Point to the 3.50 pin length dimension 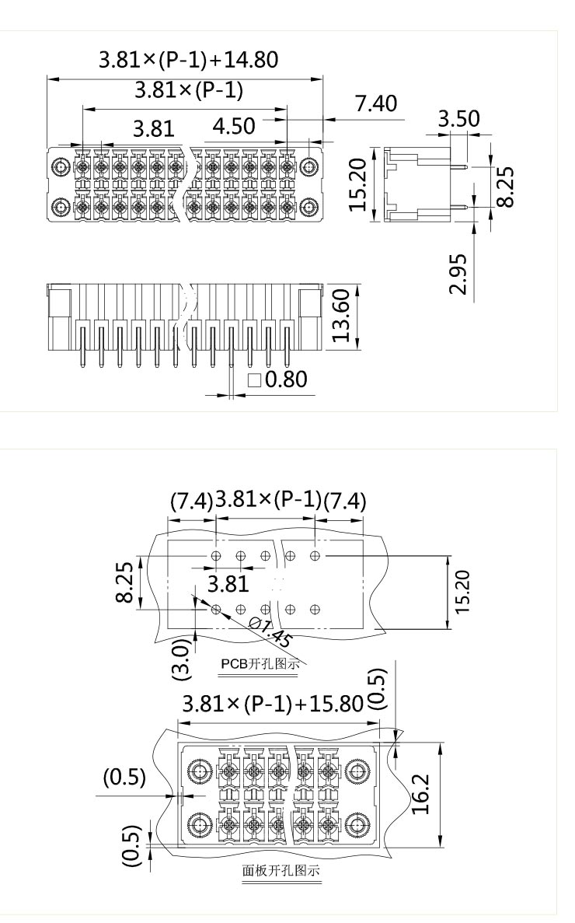coord(458,118)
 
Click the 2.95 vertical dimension coord(460,274)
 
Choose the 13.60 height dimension coord(343,319)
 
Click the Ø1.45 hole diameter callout coord(271,634)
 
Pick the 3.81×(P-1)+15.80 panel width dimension coord(273,704)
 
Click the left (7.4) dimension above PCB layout coord(191,501)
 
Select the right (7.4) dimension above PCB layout coord(344,501)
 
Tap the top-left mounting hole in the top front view coord(61,167)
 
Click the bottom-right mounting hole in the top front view coord(310,207)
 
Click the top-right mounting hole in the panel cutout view coord(358,772)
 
